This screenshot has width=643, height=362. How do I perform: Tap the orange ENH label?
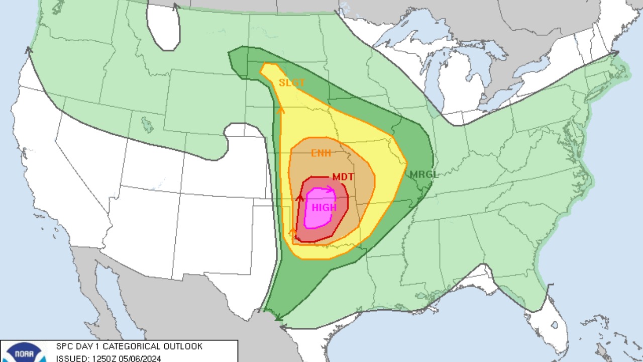[321, 153]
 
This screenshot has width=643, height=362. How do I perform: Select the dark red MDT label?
[343, 177]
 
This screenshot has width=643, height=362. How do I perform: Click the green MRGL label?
[424, 175]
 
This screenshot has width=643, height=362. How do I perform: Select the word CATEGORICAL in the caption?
[128, 346]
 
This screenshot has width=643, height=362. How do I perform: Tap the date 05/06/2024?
[140, 358]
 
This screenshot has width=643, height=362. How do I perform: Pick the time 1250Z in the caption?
[102, 358]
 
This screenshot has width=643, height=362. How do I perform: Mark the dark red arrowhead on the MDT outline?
[300, 198]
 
